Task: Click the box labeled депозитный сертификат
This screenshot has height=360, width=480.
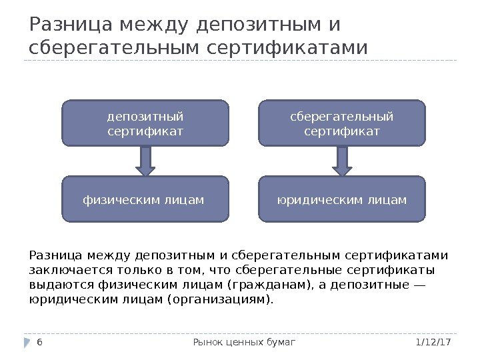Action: point(145,123)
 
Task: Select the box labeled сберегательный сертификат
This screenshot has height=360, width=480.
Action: point(341,123)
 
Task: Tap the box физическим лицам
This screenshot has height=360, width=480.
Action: point(145,199)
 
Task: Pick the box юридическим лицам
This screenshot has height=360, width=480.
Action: point(341,199)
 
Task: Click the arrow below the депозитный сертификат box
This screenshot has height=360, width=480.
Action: point(145,161)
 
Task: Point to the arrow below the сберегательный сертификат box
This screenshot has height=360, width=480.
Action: point(341,161)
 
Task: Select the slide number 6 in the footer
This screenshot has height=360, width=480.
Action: point(39,342)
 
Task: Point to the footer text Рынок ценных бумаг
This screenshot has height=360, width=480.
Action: point(243,342)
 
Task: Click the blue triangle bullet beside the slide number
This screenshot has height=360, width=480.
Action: point(27,342)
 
